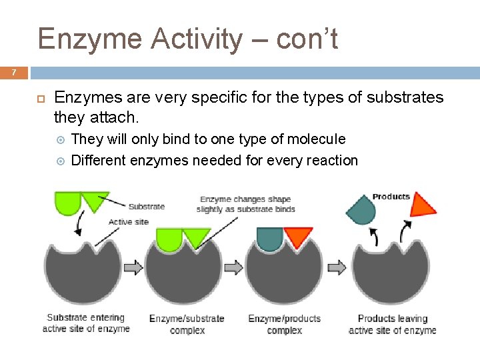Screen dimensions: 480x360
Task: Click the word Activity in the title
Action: (x=197, y=39)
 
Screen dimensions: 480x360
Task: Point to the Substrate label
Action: (x=146, y=207)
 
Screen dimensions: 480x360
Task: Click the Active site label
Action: (x=128, y=222)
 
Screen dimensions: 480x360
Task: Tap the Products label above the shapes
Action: (x=391, y=197)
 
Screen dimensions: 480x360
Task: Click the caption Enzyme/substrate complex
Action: (x=187, y=325)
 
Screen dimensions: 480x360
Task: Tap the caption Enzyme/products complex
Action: (x=285, y=325)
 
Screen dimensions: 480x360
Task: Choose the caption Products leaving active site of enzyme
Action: (x=392, y=325)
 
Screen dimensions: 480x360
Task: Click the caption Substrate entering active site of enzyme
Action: (x=86, y=323)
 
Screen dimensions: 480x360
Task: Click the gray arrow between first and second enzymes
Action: (x=133, y=267)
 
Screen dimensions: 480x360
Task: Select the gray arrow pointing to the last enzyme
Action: (x=337, y=267)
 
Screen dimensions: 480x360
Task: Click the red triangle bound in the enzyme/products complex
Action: (x=298, y=236)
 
